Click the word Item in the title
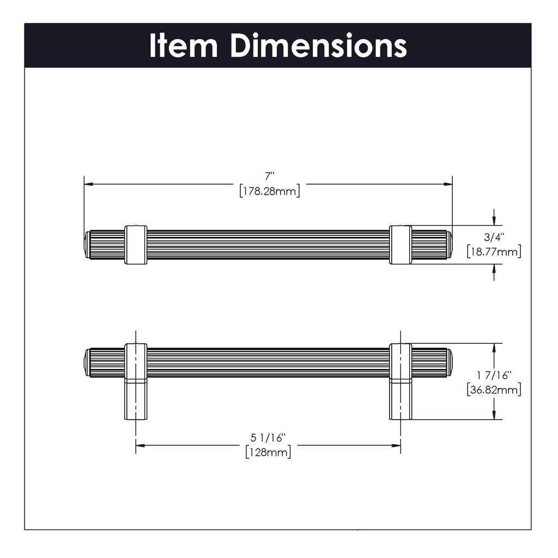click(183, 46)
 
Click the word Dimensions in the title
click(319, 46)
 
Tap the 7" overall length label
click(270, 176)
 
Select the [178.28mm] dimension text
click(270, 191)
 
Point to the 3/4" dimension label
click(494, 236)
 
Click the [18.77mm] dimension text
click(494, 252)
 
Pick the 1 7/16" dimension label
click(494, 375)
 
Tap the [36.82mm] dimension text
click(494, 389)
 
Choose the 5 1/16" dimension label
click(268, 438)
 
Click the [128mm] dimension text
click(268, 452)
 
